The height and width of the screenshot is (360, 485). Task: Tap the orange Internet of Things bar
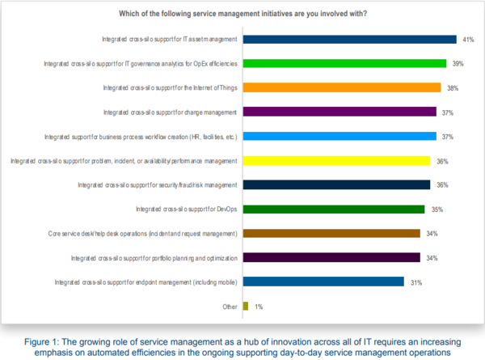[x=341, y=87]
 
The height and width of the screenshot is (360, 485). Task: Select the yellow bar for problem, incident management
[x=336, y=160]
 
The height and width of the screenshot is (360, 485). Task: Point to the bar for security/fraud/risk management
[x=336, y=184]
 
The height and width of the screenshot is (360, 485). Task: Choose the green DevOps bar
[x=334, y=209]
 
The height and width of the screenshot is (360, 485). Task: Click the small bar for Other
[x=245, y=306]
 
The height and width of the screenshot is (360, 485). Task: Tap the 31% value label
[x=416, y=282]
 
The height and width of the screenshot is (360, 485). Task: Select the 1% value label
[x=259, y=307]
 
